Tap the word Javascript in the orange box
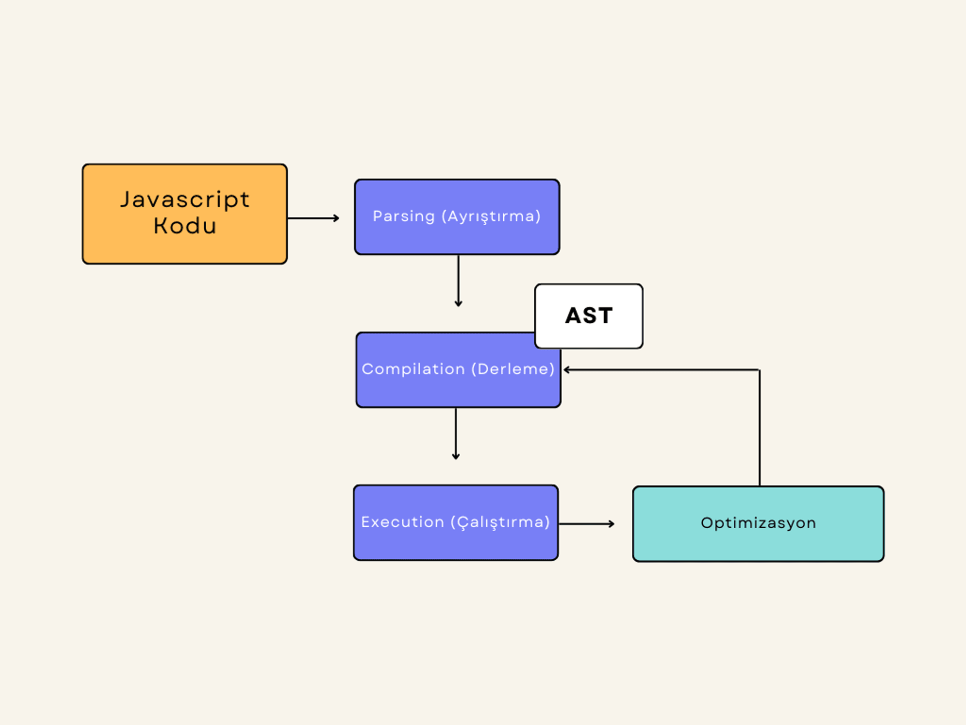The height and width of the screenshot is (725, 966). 185,200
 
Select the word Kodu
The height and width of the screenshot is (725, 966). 185,226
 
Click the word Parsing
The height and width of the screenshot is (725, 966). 404,217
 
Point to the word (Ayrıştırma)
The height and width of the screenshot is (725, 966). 491,217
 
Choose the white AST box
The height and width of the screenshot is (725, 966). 589,316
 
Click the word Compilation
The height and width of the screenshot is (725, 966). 413,369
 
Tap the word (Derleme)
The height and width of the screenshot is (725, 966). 513,369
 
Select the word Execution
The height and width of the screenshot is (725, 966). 402,522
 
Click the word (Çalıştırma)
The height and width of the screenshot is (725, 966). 500,522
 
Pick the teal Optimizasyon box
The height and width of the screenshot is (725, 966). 758,523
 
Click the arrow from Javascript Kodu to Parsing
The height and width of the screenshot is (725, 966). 313,218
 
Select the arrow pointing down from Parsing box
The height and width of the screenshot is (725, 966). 458,280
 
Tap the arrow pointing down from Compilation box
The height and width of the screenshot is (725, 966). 456,433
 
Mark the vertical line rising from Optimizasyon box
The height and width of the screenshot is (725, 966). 760,428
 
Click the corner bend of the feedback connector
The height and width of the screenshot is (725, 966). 760,370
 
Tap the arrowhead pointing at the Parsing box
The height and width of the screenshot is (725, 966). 337,218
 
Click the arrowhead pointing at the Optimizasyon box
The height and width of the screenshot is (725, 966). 612,523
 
